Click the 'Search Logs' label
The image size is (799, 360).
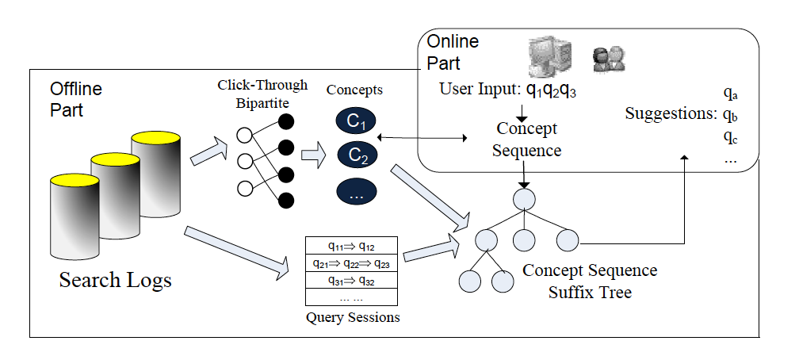116,280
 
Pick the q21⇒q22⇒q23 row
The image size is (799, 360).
351,262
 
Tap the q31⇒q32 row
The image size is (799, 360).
351,280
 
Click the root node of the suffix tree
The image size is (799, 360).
523,197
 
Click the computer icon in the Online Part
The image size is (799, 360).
550,56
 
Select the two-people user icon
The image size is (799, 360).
609,57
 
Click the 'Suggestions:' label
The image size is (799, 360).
671,113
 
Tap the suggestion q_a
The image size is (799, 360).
731,94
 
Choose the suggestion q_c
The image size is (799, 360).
731,136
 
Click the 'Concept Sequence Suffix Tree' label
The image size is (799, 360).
590,281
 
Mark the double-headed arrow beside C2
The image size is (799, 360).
422,140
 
